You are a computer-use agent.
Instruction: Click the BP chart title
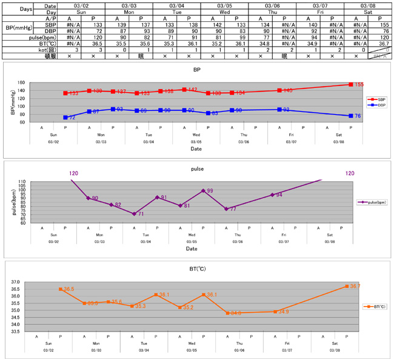coord(196,70)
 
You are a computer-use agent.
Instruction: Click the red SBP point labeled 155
coord(350,85)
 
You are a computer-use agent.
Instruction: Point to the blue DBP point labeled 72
coord(65,118)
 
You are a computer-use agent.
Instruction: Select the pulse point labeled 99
coord(203,190)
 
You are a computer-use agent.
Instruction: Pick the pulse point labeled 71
coord(134,214)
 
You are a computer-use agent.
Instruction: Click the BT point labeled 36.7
coord(347,286)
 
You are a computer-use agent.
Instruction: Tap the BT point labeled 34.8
coord(227,313)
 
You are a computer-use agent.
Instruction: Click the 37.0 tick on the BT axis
coord(32,282)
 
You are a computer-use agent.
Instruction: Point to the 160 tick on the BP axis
coord(38,83)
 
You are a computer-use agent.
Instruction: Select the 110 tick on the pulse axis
coord(38,182)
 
